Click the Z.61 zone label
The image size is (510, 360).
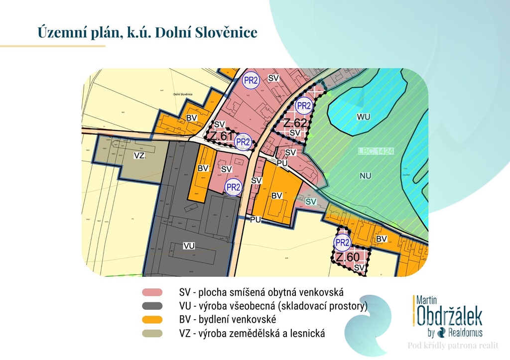tap(220, 136)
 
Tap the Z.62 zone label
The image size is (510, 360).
tap(295, 122)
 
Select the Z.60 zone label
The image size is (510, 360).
tap(347, 257)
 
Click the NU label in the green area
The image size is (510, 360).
tap(366, 175)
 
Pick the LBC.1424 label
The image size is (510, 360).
tap(376, 150)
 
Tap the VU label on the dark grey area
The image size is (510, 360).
tap(189, 246)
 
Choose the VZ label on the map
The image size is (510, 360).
tap(139, 155)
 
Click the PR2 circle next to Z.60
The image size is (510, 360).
tap(343, 242)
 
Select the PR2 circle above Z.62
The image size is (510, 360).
tap(303, 106)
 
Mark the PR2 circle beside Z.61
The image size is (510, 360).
tap(243, 141)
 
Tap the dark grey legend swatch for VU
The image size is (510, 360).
tap(152, 306)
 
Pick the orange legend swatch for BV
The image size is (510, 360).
tap(152, 319)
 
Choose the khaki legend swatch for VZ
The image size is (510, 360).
tap(152, 333)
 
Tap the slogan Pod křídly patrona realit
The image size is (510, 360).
tap(453, 346)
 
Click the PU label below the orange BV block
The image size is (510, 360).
tap(256, 219)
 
